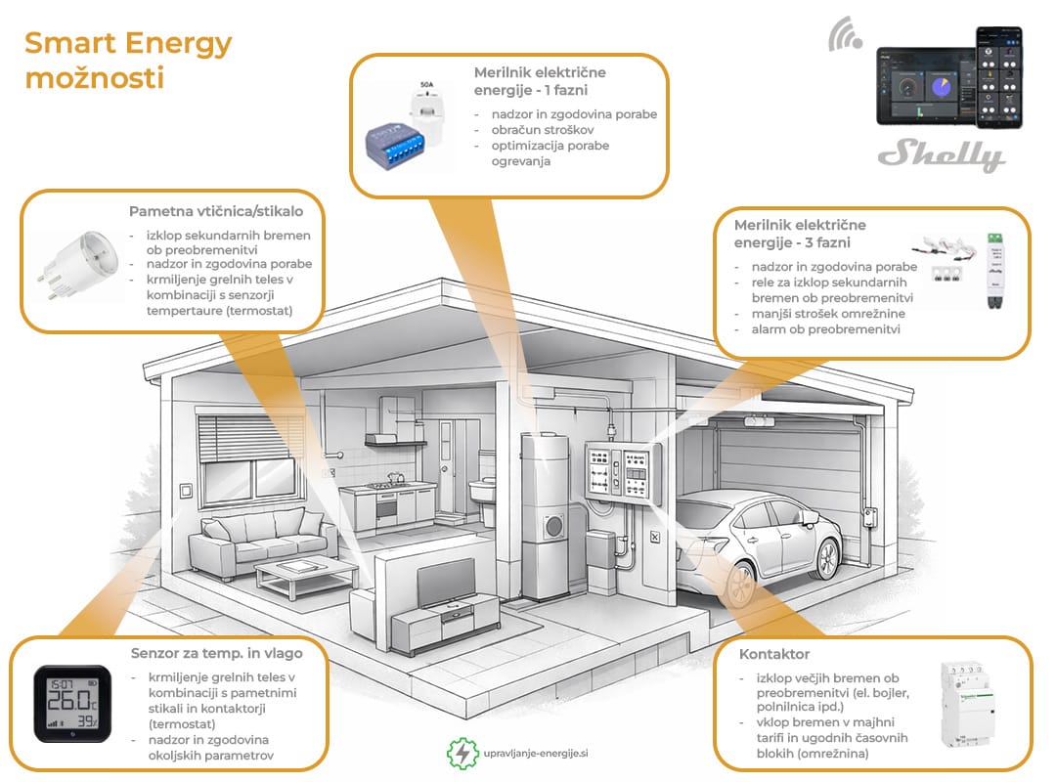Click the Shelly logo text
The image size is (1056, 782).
pyautogui.click(x=942, y=154)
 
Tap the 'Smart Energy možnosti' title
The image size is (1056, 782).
pyautogui.click(x=128, y=60)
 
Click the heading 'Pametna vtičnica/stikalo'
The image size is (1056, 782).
pyautogui.click(x=216, y=211)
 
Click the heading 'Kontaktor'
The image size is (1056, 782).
pyautogui.click(x=773, y=654)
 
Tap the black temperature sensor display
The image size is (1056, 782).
pyautogui.click(x=72, y=703)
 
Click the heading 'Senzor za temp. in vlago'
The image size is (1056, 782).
pyautogui.click(x=217, y=653)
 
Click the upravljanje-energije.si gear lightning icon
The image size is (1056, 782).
pyautogui.click(x=462, y=753)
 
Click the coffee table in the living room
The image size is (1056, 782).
pyautogui.click(x=306, y=578)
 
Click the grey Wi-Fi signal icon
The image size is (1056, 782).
pyautogui.click(x=845, y=35)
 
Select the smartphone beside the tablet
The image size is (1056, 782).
pyautogui.click(x=999, y=77)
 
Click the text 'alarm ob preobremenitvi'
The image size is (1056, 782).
pyautogui.click(x=825, y=329)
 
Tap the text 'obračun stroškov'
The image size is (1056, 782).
pyautogui.click(x=542, y=130)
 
